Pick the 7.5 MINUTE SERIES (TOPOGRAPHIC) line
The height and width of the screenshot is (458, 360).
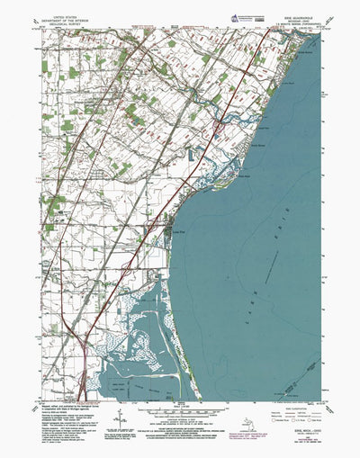(285, 23)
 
